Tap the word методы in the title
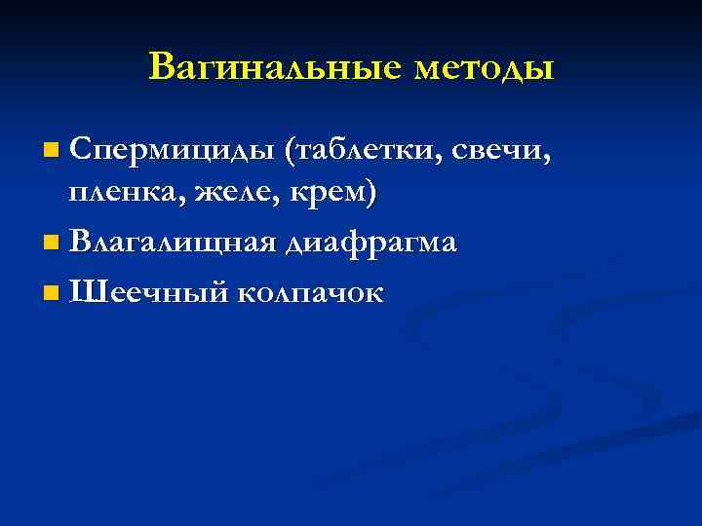click(484, 69)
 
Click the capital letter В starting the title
click(162, 67)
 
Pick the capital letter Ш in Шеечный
click(85, 289)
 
